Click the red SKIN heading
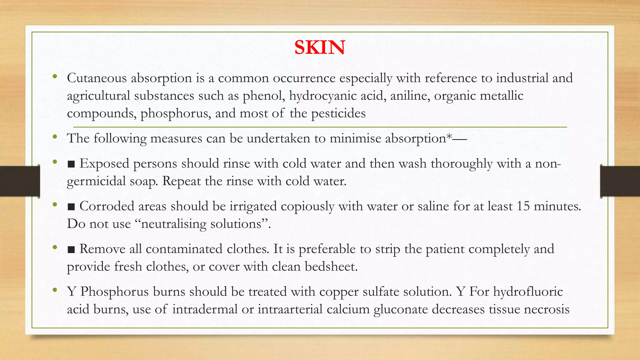click(319, 47)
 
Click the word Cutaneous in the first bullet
click(97, 78)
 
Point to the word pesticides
click(338, 113)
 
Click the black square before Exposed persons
click(71, 164)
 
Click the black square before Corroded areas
click(71, 207)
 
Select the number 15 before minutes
click(523, 206)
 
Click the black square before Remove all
click(71, 250)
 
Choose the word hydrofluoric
click(528, 292)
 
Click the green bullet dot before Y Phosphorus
click(55, 290)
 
